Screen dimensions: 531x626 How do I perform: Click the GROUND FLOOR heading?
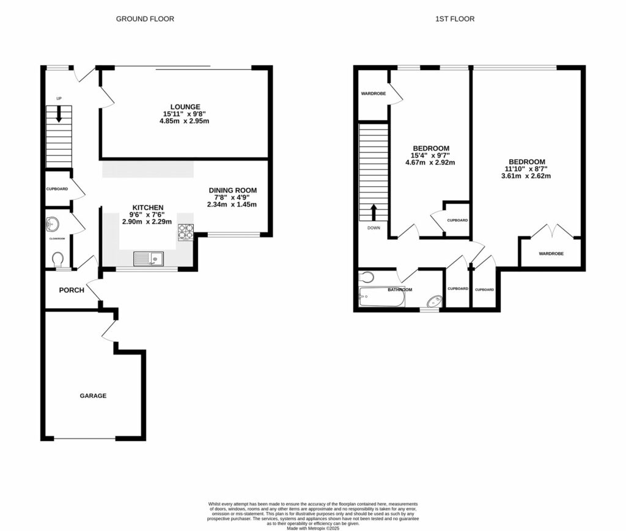click(x=145, y=19)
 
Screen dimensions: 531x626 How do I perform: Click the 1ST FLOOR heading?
click(x=455, y=19)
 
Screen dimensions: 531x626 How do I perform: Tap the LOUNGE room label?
click(x=185, y=107)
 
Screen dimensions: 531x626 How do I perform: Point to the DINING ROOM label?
click(x=232, y=190)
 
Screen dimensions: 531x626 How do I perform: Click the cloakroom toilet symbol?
click(x=59, y=261)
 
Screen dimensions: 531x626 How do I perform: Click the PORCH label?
click(x=72, y=290)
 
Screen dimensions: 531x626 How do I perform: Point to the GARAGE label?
click(x=93, y=396)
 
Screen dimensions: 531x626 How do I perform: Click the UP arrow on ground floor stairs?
click(x=59, y=114)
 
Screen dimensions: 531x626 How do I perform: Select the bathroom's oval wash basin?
click(x=433, y=300)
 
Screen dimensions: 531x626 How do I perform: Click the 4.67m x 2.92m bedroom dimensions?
click(x=430, y=162)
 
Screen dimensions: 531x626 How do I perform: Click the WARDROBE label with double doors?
click(x=551, y=253)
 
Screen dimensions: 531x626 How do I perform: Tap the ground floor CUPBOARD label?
click(x=57, y=189)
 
